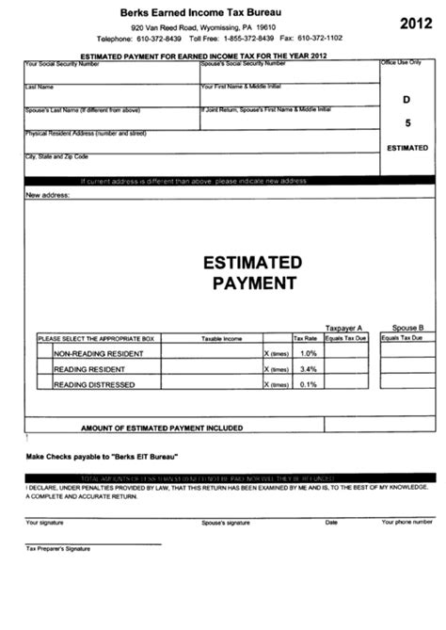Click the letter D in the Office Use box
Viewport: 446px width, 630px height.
pos(407,98)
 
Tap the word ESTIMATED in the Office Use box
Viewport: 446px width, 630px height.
pos(407,148)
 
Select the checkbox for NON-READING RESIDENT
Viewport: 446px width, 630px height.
pos(44,353)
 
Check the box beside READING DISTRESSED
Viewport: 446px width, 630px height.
pos(44,385)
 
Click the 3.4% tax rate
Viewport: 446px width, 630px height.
pos(307,369)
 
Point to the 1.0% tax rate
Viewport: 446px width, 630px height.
pos(307,353)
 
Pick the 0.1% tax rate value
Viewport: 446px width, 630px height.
pos(307,385)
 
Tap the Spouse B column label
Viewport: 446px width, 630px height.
pos(406,320)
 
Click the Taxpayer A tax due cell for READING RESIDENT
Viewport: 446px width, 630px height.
pos(346,369)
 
